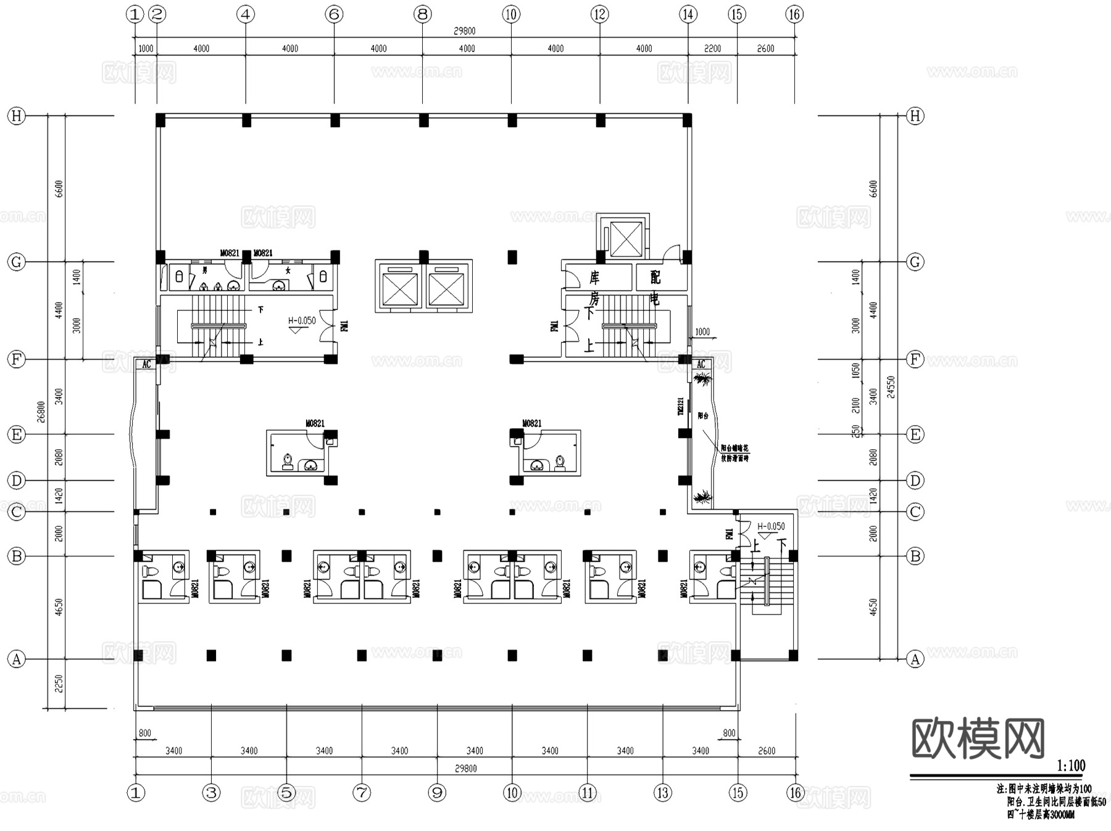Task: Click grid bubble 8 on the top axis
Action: [x=422, y=14]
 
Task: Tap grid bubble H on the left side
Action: [x=17, y=116]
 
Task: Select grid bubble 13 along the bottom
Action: [x=663, y=793]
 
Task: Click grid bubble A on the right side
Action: [x=915, y=659]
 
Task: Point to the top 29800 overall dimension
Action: [x=465, y=31]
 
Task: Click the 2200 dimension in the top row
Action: [x=712, y=49]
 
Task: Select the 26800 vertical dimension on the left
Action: [x=41, y=411]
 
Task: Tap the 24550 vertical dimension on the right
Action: [x=890, y=387]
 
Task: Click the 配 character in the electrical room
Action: [x=655, y=277]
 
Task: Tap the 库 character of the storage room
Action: [x=594, y=277]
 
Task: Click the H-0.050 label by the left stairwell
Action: [x=302, y=321]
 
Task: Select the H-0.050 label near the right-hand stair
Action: [x=771, y=526]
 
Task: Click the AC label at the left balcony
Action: [x=146, y=365]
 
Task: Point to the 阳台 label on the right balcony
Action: [x=703, y=416]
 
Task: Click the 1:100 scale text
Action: [x=1071, y=766]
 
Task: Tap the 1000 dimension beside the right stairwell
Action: [x=702, y=332]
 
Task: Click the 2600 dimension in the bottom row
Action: [x=767, y=751]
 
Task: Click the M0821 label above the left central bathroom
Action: [x=315, y=423]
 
